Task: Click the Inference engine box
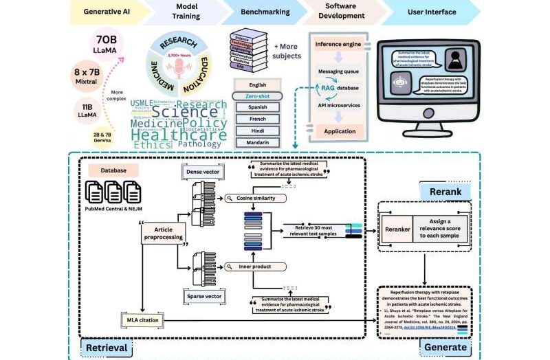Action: point(339,45)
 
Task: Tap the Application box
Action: point(339,131)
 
